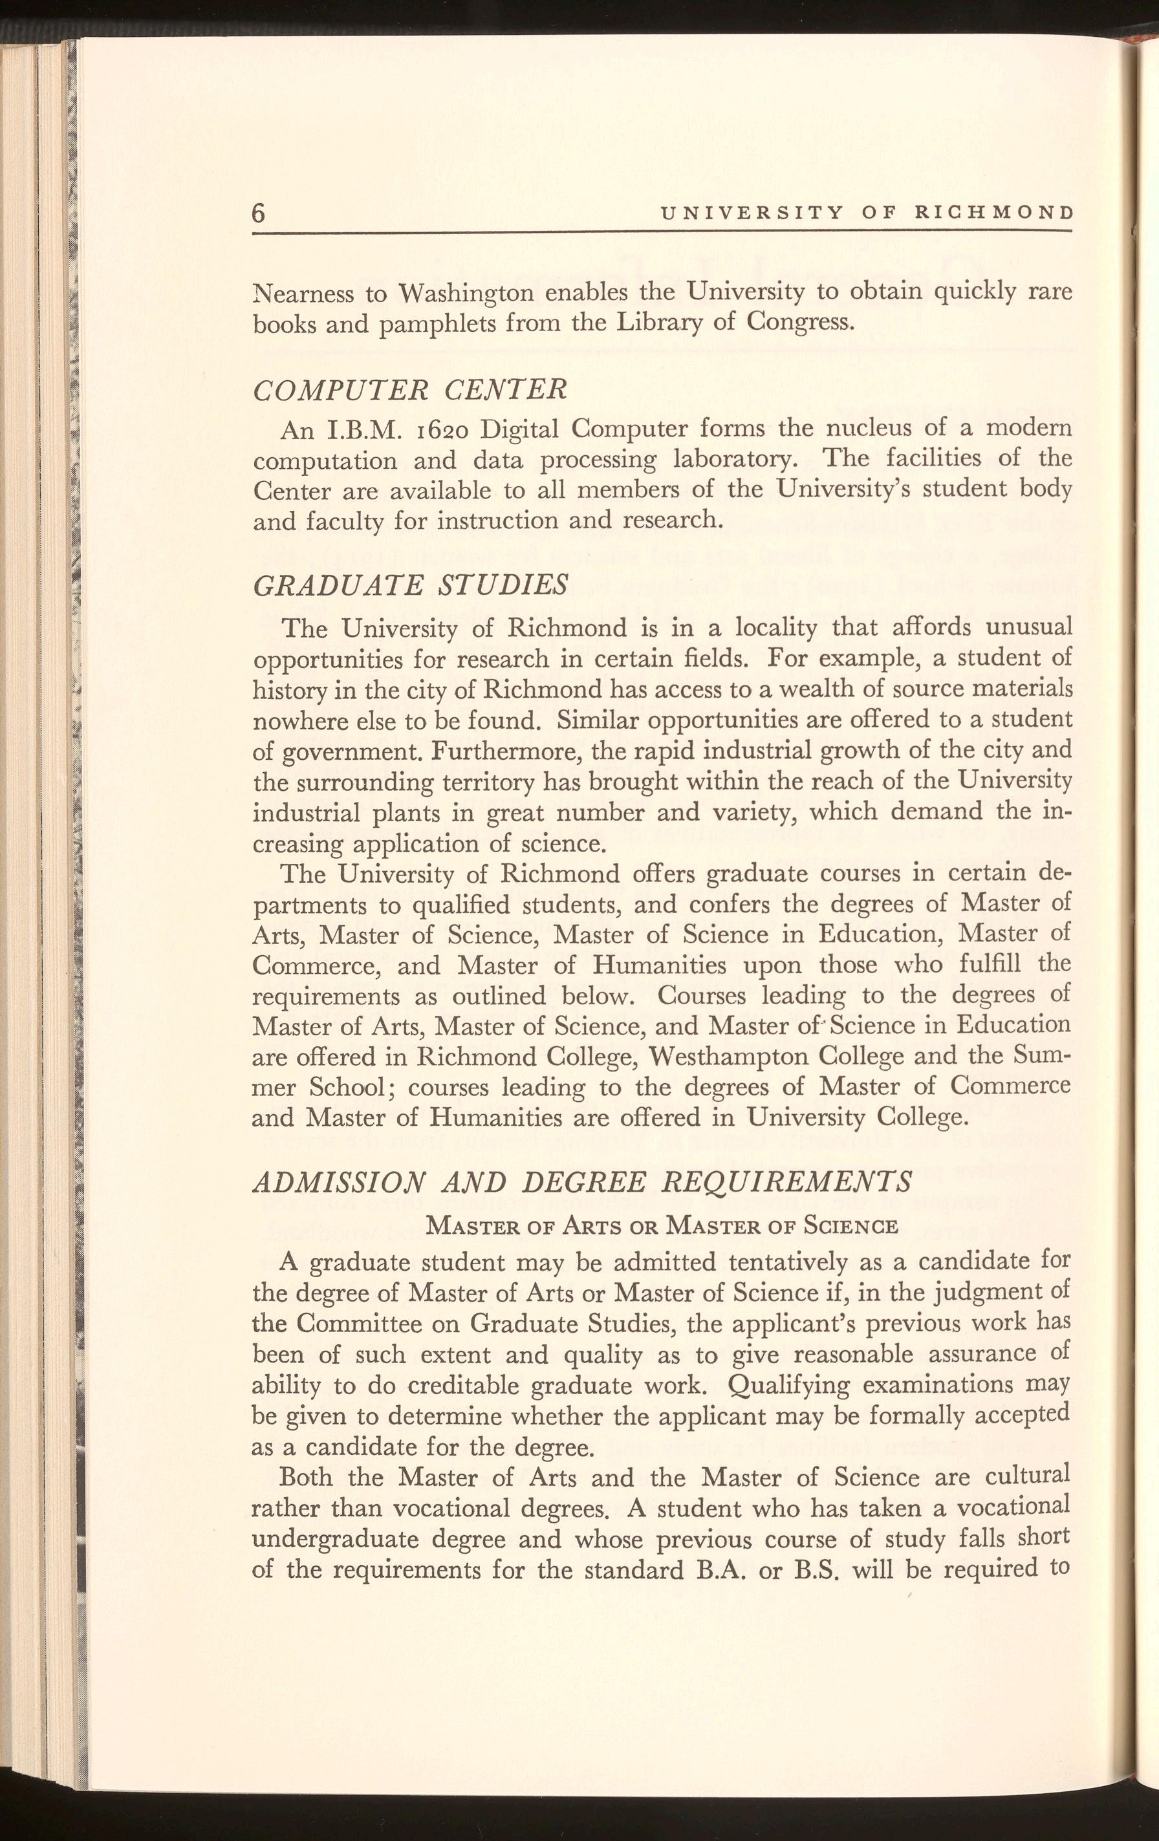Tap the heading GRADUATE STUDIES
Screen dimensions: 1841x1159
[411, 586]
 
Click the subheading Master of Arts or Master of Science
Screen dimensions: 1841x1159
[660, 1225]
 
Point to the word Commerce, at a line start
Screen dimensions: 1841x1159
[316, 965]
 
